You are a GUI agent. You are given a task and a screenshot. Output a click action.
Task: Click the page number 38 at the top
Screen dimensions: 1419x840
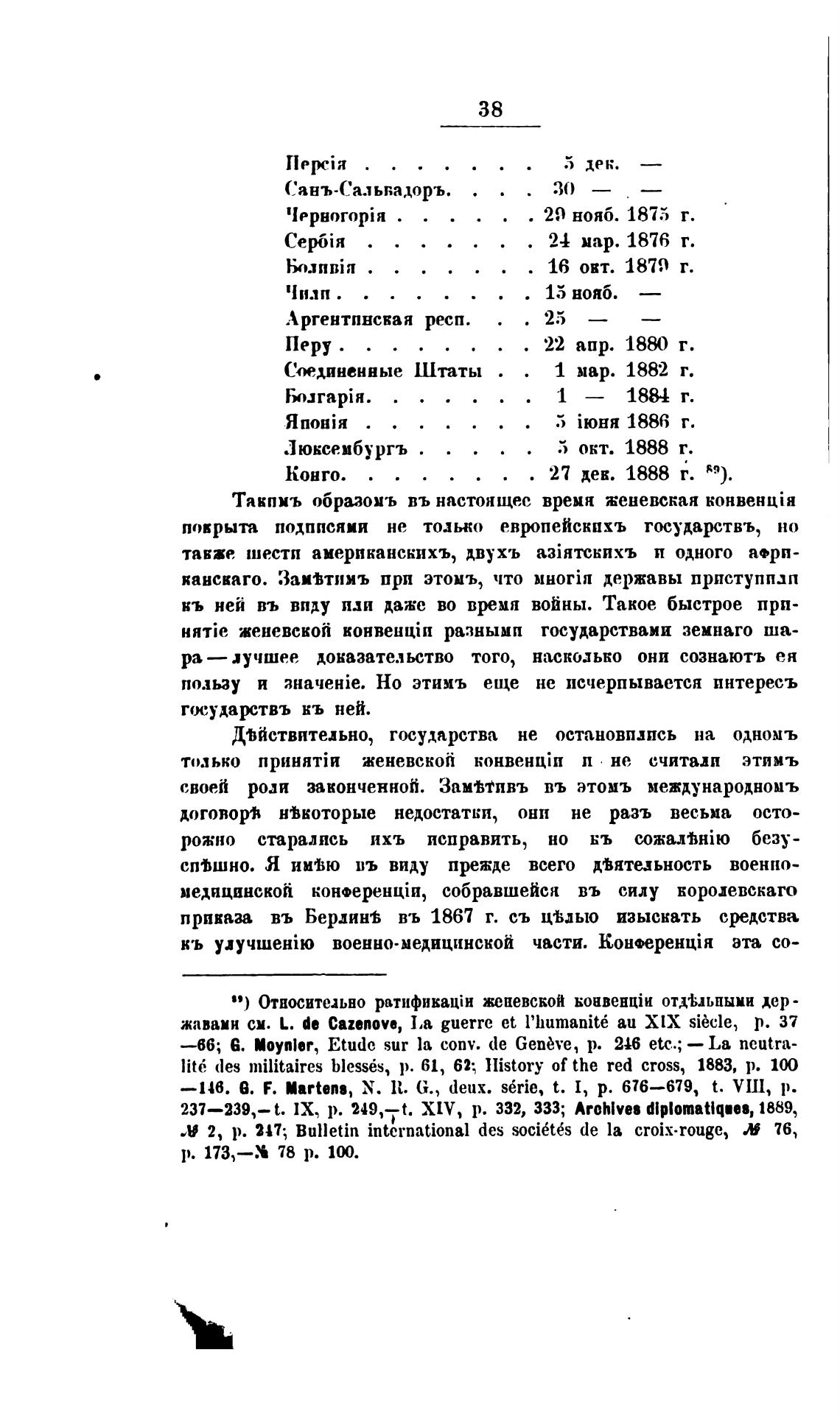point(491,110)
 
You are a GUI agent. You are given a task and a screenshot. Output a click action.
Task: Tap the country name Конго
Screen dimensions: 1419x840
point(311,473)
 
